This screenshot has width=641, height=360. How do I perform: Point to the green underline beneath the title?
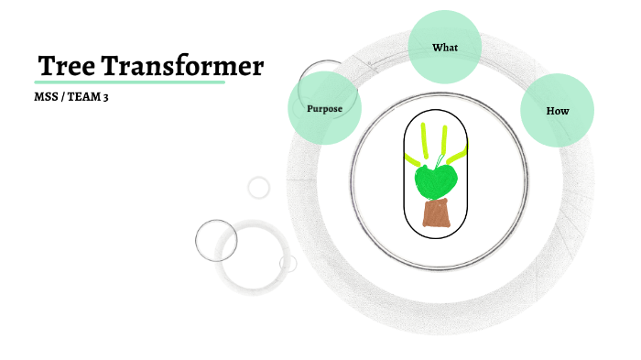[x=129, y=82]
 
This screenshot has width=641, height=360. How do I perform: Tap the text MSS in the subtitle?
[x=46, y=97]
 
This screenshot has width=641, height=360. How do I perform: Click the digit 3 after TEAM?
[x=105, y=97]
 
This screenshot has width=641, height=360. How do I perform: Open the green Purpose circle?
[x=324, y=108]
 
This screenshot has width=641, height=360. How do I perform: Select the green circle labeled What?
[x=445, y=48]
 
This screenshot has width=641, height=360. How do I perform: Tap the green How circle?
[x=558, y=111]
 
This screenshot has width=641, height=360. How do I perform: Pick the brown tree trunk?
[x=437, y=213]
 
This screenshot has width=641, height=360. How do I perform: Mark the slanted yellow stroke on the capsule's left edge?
[x=410, y=157]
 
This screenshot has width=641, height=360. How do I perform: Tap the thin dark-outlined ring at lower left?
[x=216, y=241]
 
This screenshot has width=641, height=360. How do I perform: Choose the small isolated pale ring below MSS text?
[x=259, y=187]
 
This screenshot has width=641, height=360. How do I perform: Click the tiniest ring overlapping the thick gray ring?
[x=288, y=264]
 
